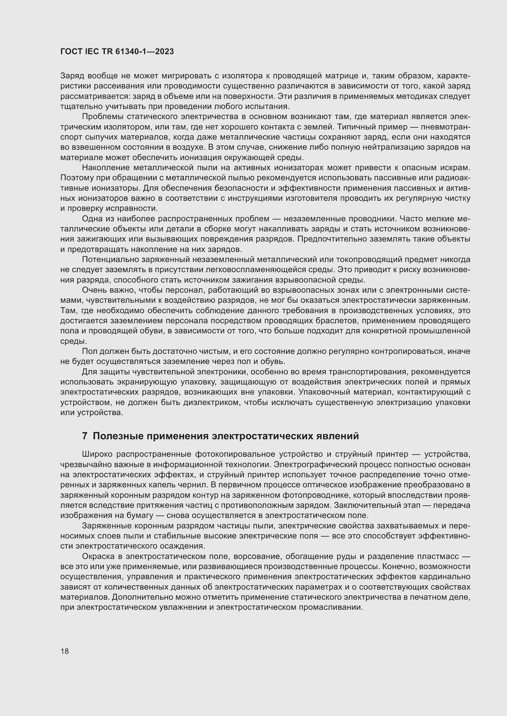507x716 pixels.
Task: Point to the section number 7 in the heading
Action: [85, 436]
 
